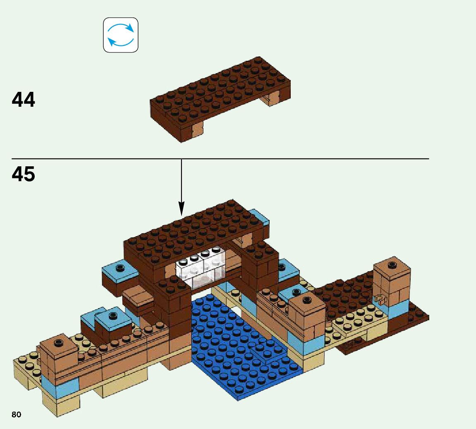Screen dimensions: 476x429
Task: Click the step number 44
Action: (24, 100)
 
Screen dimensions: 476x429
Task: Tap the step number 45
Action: (24, 174)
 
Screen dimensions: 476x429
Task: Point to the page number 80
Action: (16, 415)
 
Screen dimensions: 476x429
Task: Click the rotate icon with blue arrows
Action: (120, 35)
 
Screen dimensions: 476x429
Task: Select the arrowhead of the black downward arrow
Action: (181, 209)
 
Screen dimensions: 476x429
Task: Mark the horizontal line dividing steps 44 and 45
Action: (289, 158)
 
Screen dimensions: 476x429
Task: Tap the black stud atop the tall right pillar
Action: (391, 264)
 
